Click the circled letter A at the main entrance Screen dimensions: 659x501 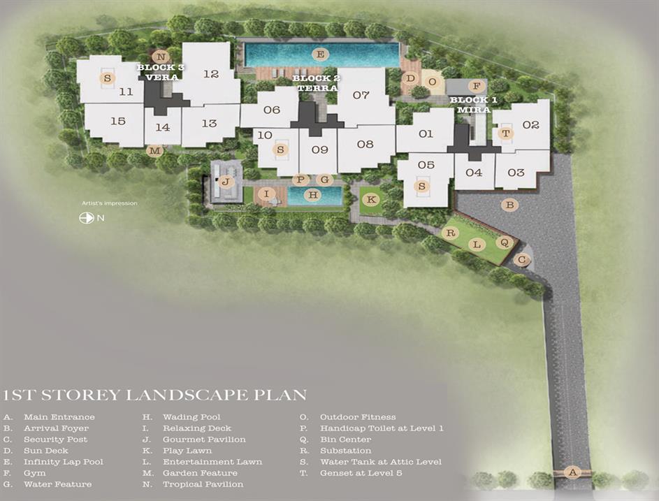point(572,472)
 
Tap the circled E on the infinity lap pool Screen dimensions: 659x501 point(320,55)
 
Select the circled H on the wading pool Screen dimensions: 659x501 point(313,194)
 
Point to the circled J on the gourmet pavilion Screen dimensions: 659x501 point(226,182)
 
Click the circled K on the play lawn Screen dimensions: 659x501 point(371,199)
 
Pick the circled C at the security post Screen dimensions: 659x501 point(522,260)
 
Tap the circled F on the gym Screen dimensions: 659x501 point(476,86)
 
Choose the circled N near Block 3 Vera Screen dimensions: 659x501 point(161,57)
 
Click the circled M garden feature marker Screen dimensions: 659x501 point(155,150)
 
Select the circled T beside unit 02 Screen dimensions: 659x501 point(506,133)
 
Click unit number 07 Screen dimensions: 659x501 point(361,95)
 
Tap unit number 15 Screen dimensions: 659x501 point(118,121)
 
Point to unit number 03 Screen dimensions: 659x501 point(516,173)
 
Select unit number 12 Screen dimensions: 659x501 point(211,74)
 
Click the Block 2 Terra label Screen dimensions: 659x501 point(317,83)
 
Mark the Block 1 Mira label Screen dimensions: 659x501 point(474,105)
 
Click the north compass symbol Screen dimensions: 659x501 point(87,218)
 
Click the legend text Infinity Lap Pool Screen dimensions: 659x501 point(64,461)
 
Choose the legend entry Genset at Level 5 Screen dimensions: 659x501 point(361,473)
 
